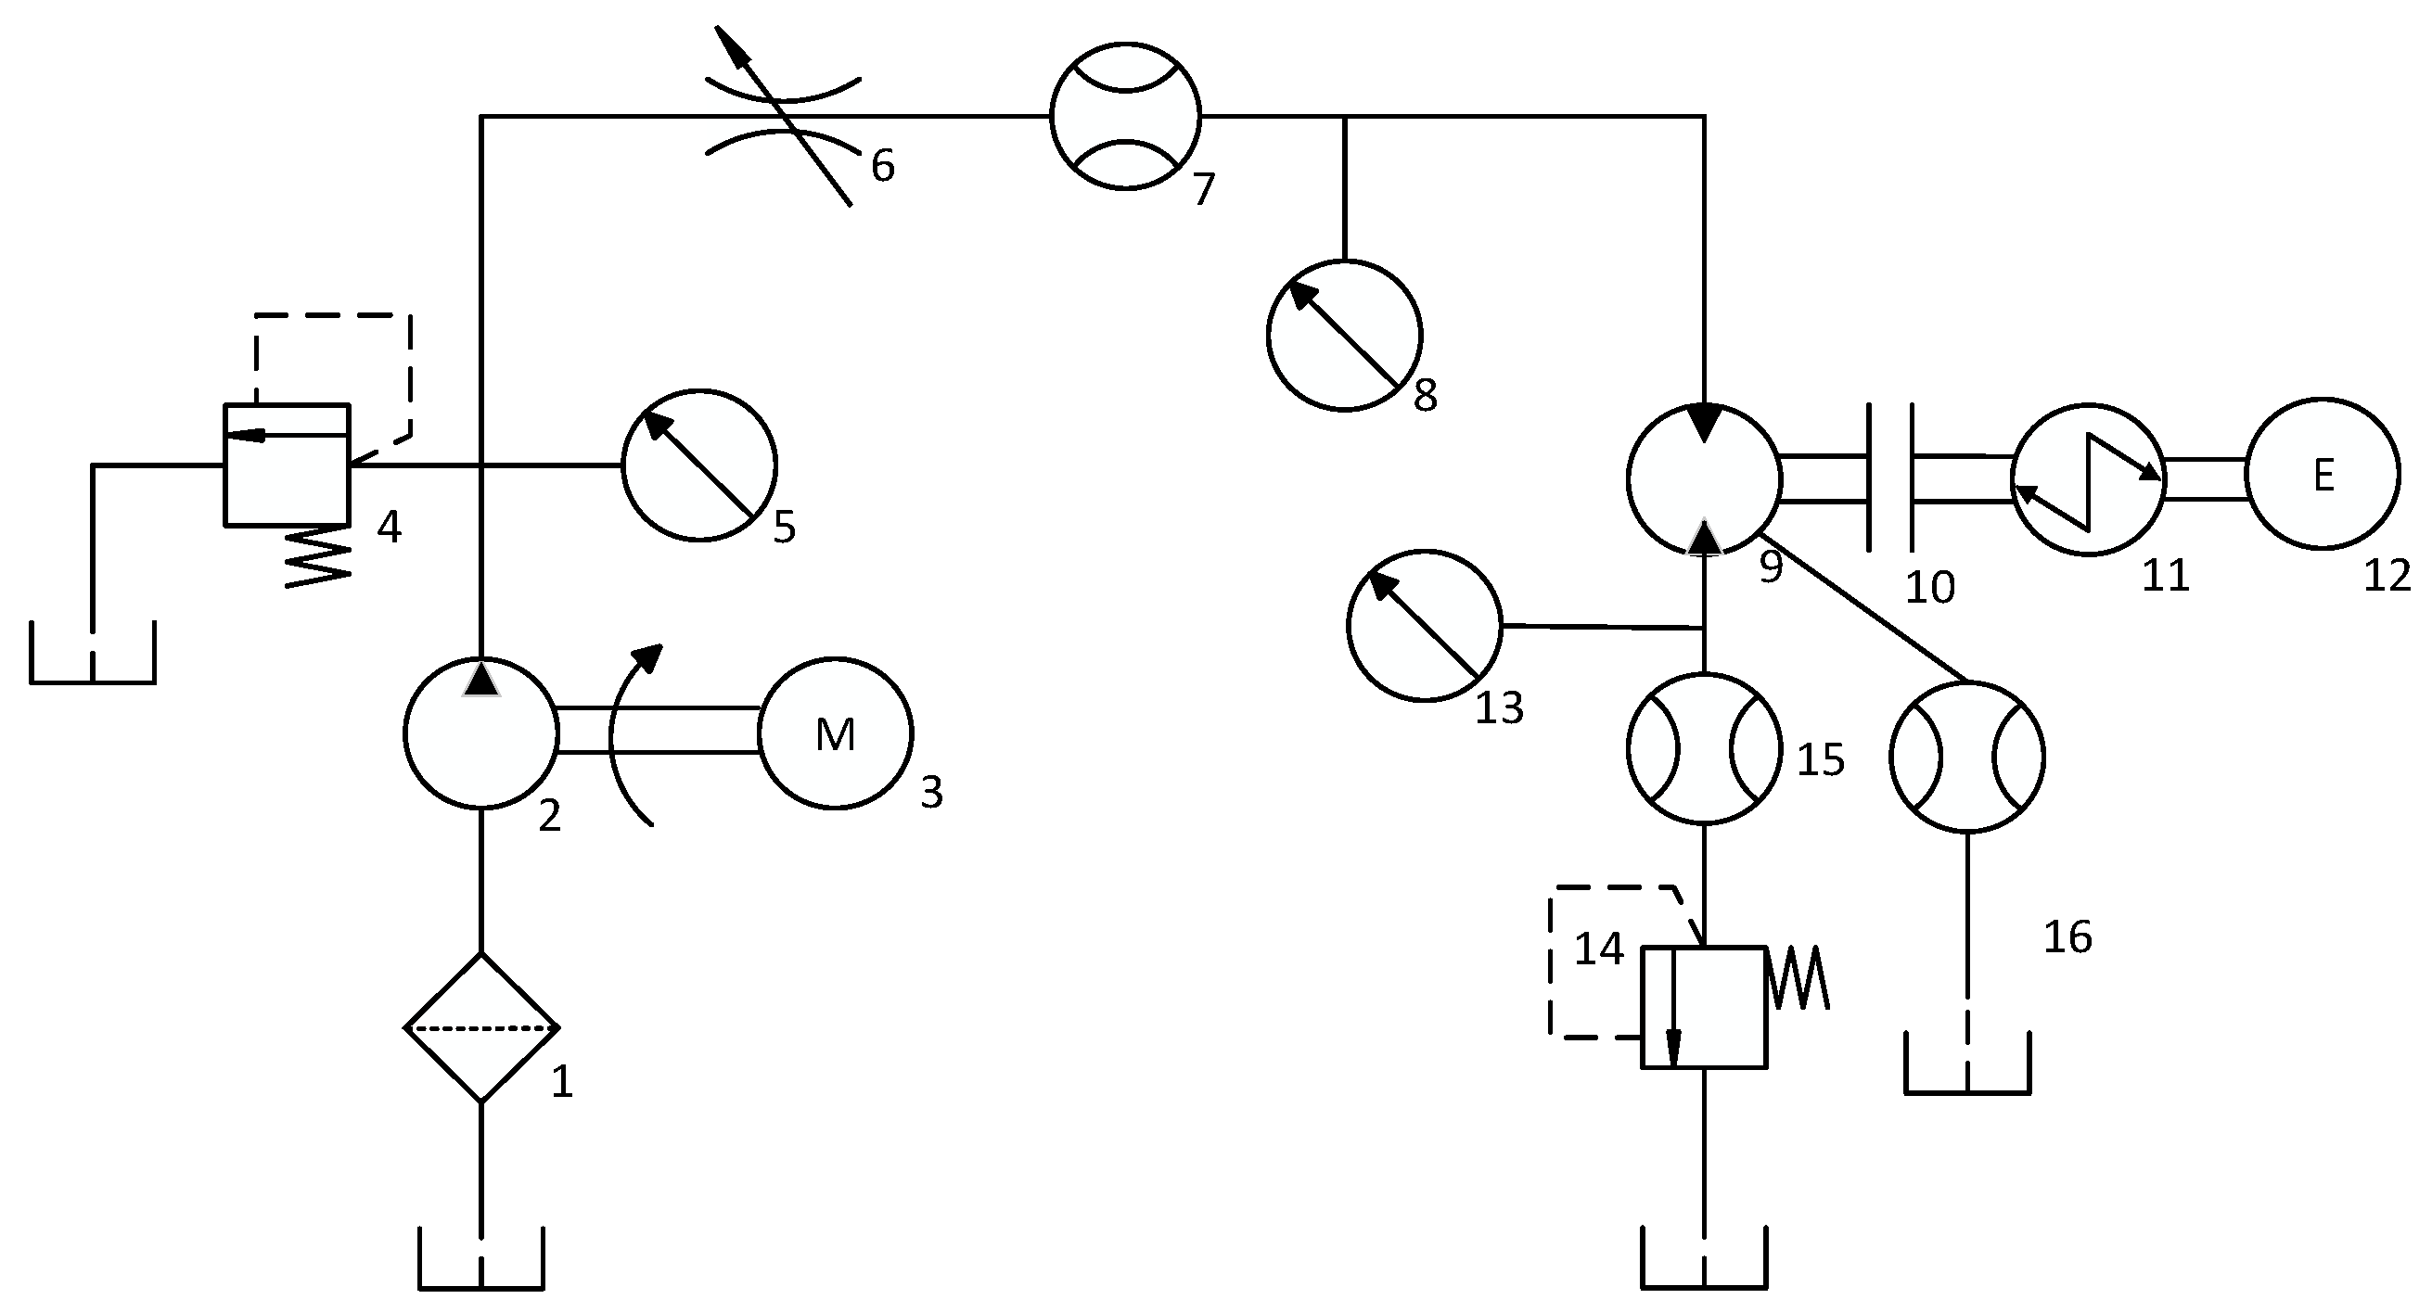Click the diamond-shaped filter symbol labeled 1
pos(481,1027)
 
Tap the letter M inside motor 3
pos(836,734)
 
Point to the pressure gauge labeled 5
pos(699,465)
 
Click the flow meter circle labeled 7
pos(1124,115)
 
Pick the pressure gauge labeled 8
pos(1343,335)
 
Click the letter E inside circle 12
pos(2323,476)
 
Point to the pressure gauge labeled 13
pos(1424,626)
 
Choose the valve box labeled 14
pos(1704,1008)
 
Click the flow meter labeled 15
pos(1704,748)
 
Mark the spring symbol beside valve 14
pos(1799,978)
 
